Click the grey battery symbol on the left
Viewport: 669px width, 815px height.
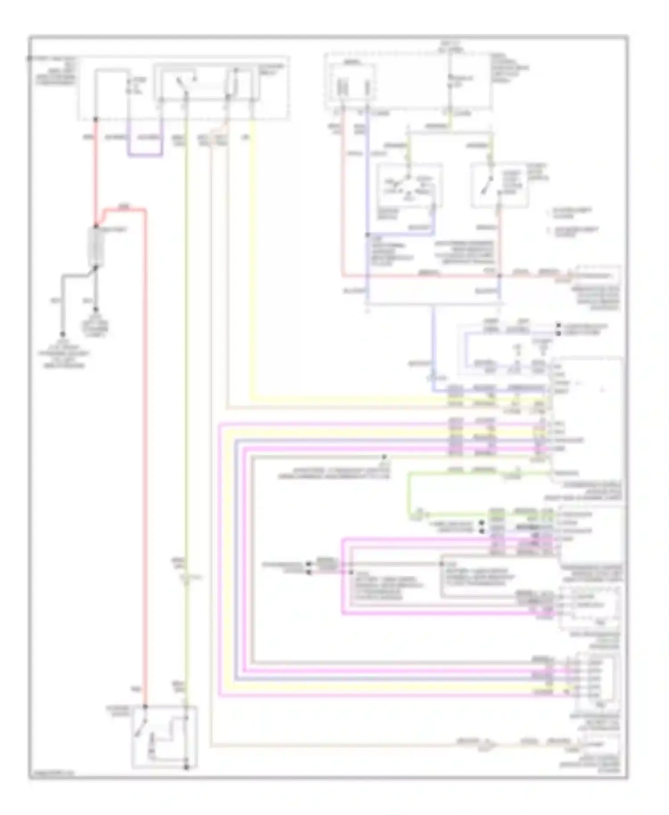[96, 247]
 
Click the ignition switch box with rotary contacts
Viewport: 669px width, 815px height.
[409, 185]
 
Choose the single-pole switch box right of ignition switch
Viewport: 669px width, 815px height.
[500, 185]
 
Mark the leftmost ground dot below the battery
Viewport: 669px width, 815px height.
[62, 334]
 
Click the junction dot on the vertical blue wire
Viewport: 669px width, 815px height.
[368, 235]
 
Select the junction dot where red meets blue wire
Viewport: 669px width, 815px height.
[500, 276]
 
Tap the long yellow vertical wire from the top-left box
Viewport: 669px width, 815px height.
[253, 268]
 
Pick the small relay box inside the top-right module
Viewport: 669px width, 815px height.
[352, 82]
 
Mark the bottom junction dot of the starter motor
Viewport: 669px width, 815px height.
[187, 767]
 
